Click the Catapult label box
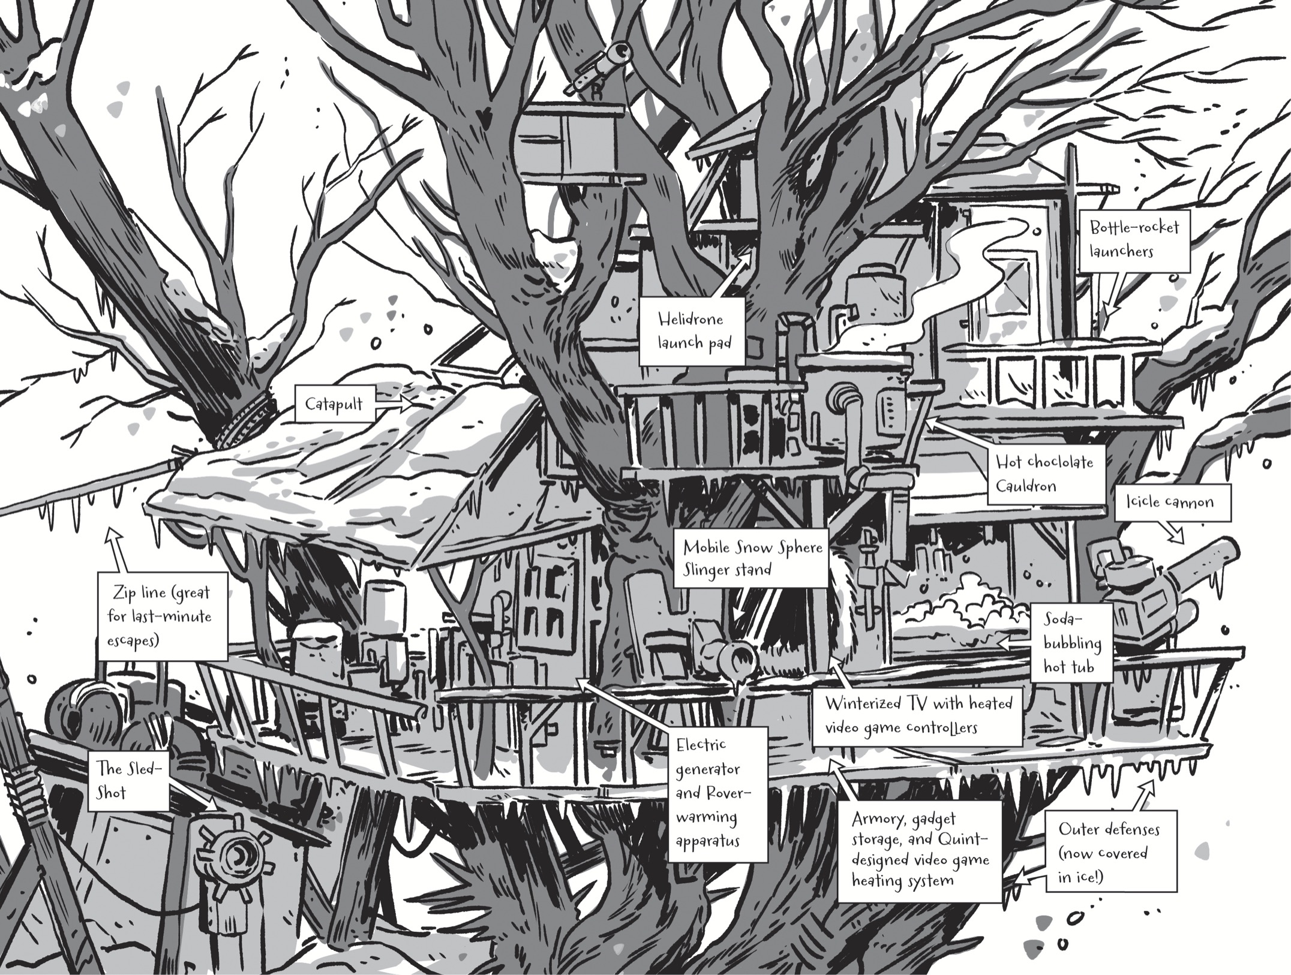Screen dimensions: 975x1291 pyautogui.click(x=334, y=404)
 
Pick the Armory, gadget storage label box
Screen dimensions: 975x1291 pyautogui.click(x=920, y=850)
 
